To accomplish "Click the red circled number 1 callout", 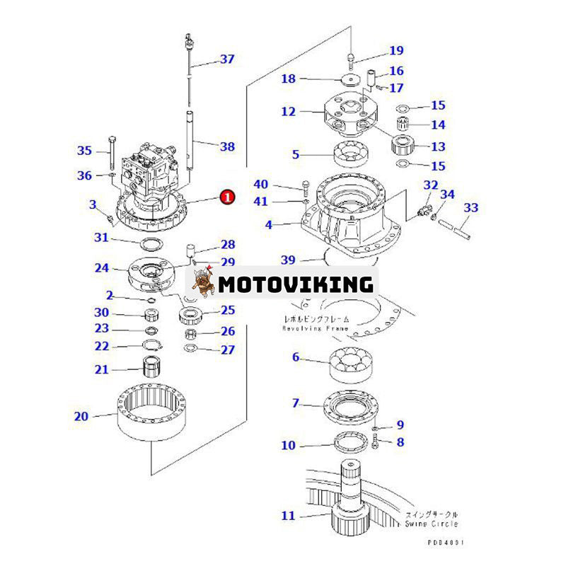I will click(226, 197).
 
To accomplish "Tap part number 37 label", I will click(226, 59).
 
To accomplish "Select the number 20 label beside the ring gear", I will click(81, 417).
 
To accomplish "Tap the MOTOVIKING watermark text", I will click(295, 284).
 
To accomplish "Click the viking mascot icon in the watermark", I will click(201, 283).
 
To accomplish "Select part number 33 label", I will click(470, 208).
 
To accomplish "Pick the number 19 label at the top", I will click(395, 50).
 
